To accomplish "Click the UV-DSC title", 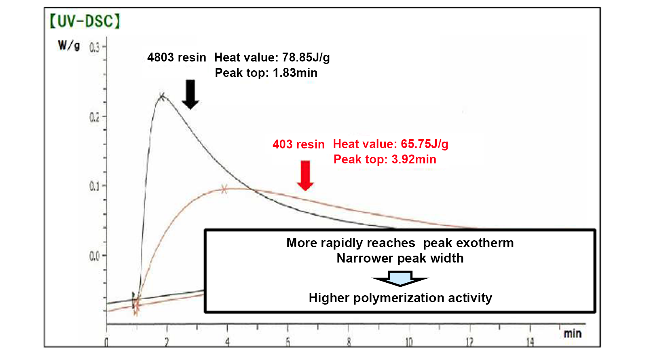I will click(85, 21).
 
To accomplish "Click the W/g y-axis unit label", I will click(68, 45).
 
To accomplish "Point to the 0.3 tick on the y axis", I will click(95, 48).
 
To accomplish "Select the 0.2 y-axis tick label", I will click(94, 117).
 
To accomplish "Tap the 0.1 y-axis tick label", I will click(94, 186).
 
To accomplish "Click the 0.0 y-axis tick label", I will click(94, 256).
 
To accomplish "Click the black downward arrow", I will click(190, 94).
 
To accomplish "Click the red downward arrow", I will click(305, 175).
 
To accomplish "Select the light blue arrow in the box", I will click(400, 279).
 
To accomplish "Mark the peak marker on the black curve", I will click(162, 97).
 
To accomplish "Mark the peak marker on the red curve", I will click(224, 189).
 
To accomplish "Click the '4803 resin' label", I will click(177, 57).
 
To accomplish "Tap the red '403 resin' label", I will click(298, 144).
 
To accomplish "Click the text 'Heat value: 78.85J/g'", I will click(272, 57).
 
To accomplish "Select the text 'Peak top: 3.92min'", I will click(385, 159).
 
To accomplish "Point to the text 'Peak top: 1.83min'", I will click(266, 73).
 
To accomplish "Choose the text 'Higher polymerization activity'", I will click(400, 298).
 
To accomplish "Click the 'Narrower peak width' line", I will click(400, 258).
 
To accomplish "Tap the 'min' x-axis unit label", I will click(573, 334).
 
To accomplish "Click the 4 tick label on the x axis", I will click(227, 342).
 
